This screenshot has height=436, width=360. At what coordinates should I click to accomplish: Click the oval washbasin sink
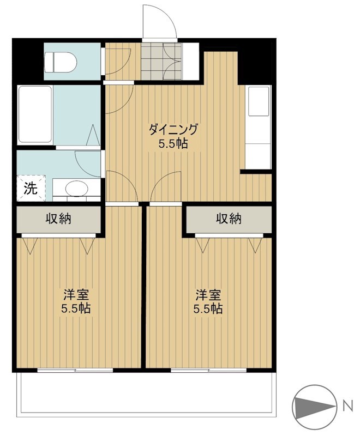click(76, 189)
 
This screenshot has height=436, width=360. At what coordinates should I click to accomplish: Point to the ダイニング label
click(173, 130)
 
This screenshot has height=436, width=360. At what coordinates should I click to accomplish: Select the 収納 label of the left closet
click(58, 219)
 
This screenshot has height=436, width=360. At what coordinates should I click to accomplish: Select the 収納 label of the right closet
click(229, 219)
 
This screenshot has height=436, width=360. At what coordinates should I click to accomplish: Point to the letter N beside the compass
click(347, 405)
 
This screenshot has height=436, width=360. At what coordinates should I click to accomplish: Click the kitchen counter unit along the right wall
click(259, 128)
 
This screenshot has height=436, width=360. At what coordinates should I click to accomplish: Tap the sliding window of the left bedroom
click(75, 370)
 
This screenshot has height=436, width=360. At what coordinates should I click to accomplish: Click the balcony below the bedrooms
click(145, 393)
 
